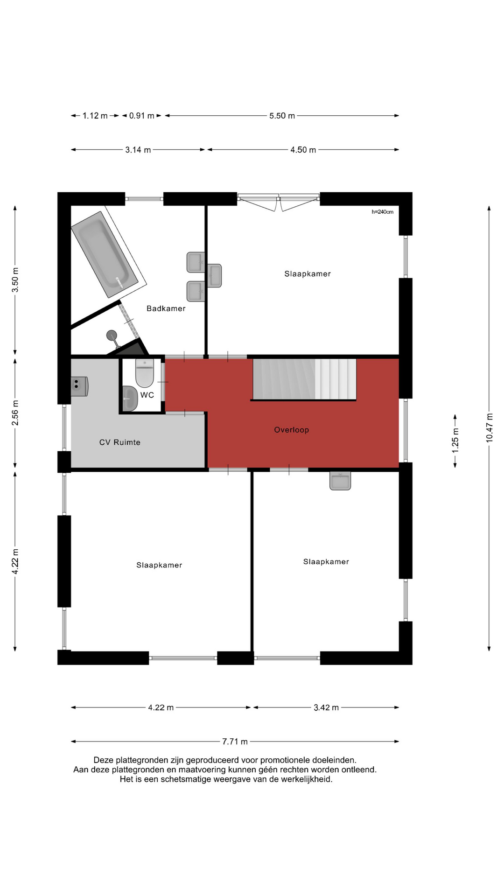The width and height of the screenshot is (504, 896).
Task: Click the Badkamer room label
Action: tap(166, 308)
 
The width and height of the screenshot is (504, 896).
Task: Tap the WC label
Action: tap(147, 395)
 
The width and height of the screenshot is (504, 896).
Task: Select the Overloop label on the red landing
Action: tap(291, 430)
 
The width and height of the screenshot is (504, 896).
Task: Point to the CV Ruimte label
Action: tap(119, 442)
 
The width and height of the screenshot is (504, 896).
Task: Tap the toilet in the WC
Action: tap(145, 373)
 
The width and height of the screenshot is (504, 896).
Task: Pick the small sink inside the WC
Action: tap(130, 399)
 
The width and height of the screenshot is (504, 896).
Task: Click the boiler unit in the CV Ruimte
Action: tap(79, 386)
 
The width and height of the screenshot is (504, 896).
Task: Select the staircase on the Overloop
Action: tap(304, 379)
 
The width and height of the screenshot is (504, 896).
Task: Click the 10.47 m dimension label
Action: tap(489, 427)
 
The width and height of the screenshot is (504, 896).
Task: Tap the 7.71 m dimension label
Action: tap(235, 741)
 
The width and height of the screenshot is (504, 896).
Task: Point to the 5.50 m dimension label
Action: tap(282, 116)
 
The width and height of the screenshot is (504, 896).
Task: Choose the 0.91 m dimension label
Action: tap(141, 116)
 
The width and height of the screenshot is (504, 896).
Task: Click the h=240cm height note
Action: tap(382, 212)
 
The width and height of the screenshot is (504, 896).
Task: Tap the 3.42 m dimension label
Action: tap(326, 707)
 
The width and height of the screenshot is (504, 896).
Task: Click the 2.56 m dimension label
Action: tap(15, 413)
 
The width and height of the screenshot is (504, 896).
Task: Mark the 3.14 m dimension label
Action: tap(138, 150)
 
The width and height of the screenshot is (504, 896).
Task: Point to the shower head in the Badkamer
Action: tap(112, 335)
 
